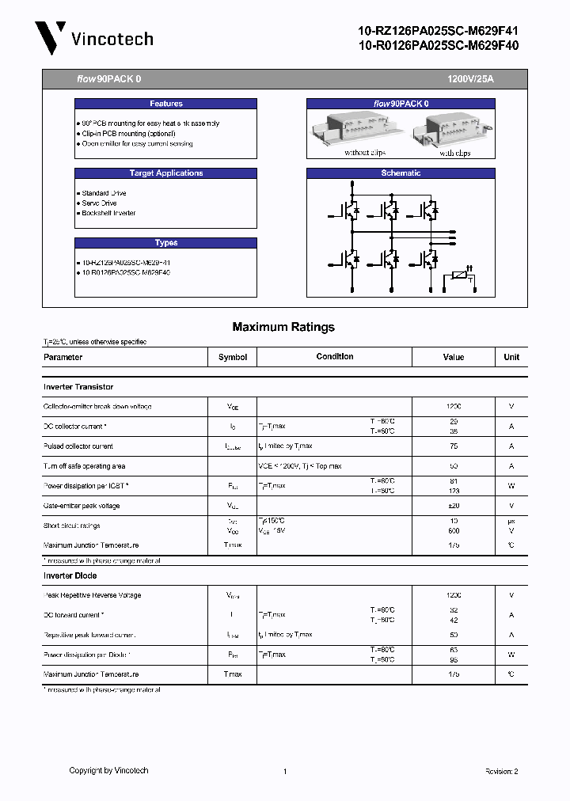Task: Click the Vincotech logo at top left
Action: [x=93, y=38]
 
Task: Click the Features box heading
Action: [x=165, y=104]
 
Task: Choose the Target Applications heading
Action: [x=165, y=173]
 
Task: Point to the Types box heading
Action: [x=165, y=243]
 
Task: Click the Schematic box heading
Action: [x=401, y=173]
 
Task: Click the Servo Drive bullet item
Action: [x=100, y=203]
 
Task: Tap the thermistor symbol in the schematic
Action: [x=460, y=277]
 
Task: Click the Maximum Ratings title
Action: [x=283, y=327]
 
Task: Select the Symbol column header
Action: [x=233, y=357]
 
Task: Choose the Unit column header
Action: [x=511, y=357]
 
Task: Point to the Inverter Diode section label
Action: [x=70, y=575]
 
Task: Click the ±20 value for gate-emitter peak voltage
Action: [x=454, y=506]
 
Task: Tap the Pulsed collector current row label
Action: [x=78, y=446]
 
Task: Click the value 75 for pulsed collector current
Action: [x=454, y=446]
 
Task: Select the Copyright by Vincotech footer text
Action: [x=108, y=770]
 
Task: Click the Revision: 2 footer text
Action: [x=501, y=771]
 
